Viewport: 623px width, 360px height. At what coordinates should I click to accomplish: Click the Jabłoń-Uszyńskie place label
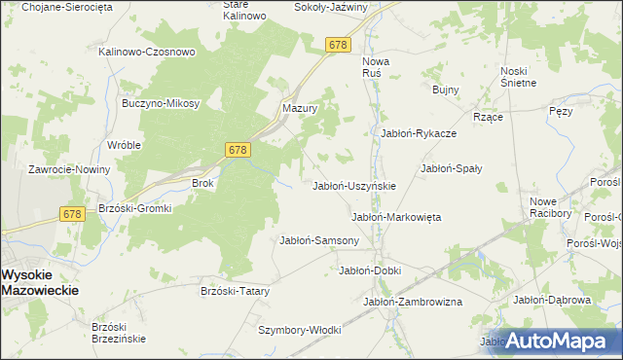click(x=352, y=186)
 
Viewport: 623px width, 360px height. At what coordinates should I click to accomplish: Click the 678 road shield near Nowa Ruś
click(x=338, y=46)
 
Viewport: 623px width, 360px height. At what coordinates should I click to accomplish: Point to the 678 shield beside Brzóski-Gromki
click(x=71, y=214)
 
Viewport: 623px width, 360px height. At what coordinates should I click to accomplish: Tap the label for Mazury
click(x=301, y=108)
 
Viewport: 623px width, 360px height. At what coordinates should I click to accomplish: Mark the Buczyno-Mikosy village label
click(x=161, y=103)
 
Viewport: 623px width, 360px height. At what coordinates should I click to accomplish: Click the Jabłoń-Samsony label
click(x=319, y=240)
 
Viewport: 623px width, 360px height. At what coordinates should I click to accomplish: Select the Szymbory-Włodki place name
click(x=299, y=330)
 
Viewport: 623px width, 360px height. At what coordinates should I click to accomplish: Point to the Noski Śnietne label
click(x=519, y=76)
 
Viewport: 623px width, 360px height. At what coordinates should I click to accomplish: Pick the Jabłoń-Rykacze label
click(x=419, y=133)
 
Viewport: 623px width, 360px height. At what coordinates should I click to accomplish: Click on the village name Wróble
click(x=125, y=145)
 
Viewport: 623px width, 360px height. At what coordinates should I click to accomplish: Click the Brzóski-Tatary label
click(x=234, y=291)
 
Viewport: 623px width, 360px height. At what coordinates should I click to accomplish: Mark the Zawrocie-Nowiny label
click(x=68, y=169)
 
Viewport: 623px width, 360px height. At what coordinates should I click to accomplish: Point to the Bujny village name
click(x=445, y=90)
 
